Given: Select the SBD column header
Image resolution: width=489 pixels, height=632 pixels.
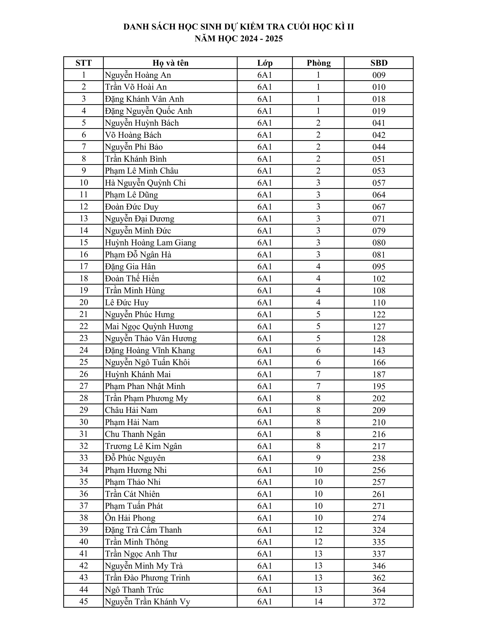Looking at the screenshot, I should tap(379, 63).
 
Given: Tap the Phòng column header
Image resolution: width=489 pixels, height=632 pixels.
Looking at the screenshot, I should tap(318, 63).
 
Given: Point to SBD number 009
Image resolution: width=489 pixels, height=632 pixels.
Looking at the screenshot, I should tap(379, 75).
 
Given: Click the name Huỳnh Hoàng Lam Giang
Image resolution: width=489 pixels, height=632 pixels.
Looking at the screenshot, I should tap(150, 242).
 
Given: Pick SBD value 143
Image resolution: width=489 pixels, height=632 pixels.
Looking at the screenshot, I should tap(379, 350).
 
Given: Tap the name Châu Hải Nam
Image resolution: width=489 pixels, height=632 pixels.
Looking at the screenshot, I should tap(131, 410).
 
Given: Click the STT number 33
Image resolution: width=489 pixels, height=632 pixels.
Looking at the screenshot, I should tap(83, 458).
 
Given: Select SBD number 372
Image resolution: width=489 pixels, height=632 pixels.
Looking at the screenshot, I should tap(379, 602).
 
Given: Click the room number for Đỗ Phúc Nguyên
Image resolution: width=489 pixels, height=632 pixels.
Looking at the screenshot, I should tap(318, 458).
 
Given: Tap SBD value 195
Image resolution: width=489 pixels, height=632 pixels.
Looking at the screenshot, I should tap(379, 386).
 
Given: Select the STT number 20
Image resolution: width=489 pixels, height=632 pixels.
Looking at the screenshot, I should tap(83, 302).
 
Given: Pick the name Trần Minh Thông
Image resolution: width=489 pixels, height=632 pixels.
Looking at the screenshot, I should tap(137, 542).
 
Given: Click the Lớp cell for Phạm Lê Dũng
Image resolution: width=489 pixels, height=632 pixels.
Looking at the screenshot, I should tap(264, 195).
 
